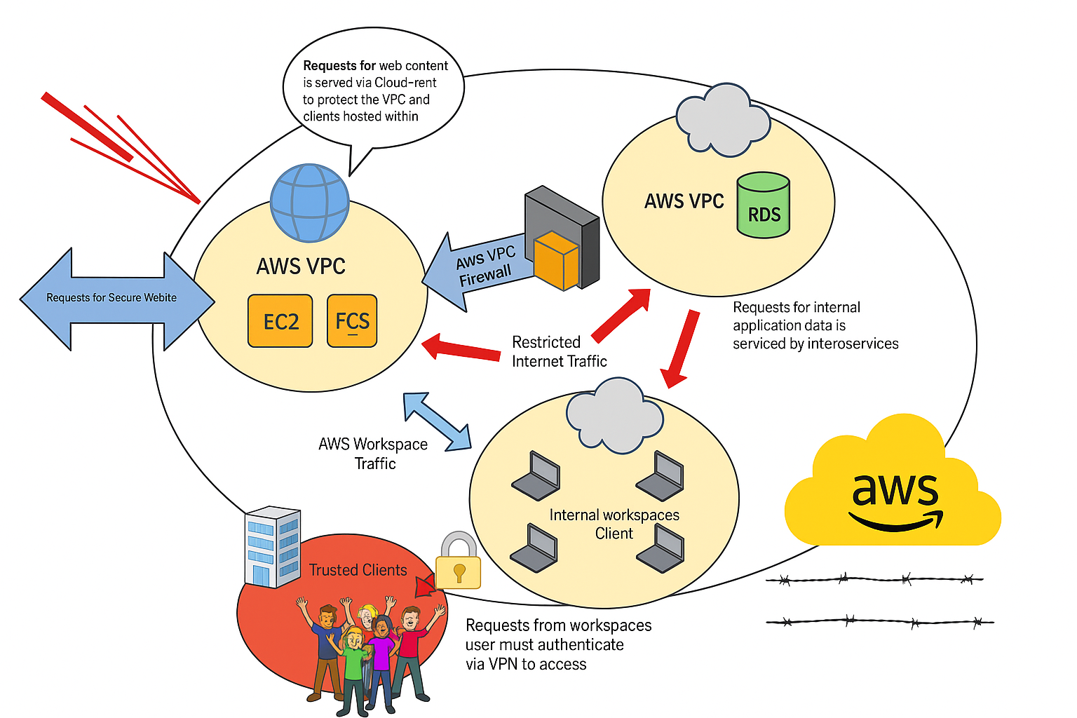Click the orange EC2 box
point(280,321)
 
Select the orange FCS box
point(352,321)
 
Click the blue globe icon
point(310,203)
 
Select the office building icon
point(272,546)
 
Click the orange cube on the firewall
point(557,260)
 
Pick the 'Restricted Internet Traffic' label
point(559,351)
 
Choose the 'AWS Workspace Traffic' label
point(373,454)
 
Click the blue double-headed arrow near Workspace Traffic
point(437,421)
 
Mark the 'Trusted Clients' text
point(358,570)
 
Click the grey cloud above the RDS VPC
point(722,120)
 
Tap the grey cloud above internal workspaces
point(614,415)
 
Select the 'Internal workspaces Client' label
point(614,524)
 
